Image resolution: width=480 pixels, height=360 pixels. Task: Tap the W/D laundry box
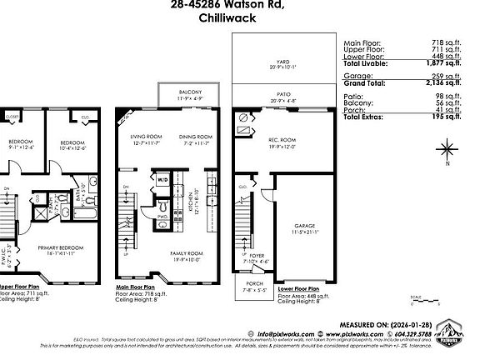[x=162, y=178]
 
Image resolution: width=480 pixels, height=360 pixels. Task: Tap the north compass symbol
[x=447, y=151]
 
